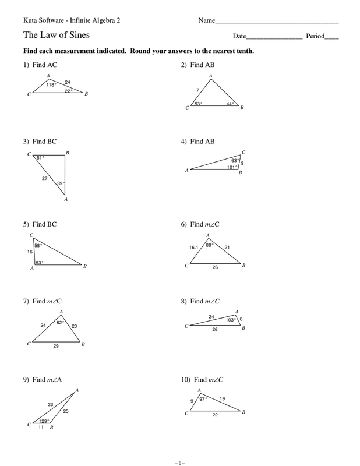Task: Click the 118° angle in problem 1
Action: (x=51, y=84)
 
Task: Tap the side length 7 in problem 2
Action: (x=198, y=90)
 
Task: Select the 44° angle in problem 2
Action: (x=231, y=104)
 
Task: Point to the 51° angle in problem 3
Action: (x=40, y=158)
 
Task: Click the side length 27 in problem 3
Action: (x=45, y=178)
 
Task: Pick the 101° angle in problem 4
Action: (x=232, y=167)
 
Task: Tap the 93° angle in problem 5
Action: (x=39, y=263)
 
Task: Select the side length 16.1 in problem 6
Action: (x=194, y=247)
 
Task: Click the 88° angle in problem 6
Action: (x=210, y=245)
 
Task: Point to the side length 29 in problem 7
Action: (x=55, y=346)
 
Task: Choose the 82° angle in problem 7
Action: (x=60, y=322)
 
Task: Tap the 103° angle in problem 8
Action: (x=231, y=319)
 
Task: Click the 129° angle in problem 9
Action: (x=44, y=421)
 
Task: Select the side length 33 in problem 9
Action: (x=51, y=404)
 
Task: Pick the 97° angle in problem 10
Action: (x=203, y=399)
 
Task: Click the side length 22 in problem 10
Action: (x=214, y=415)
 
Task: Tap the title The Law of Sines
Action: (x=57, y=36)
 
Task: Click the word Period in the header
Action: (x=315, y=36)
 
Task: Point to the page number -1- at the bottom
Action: (x=179, y=463)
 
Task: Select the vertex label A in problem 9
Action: (x=77, y=390)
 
